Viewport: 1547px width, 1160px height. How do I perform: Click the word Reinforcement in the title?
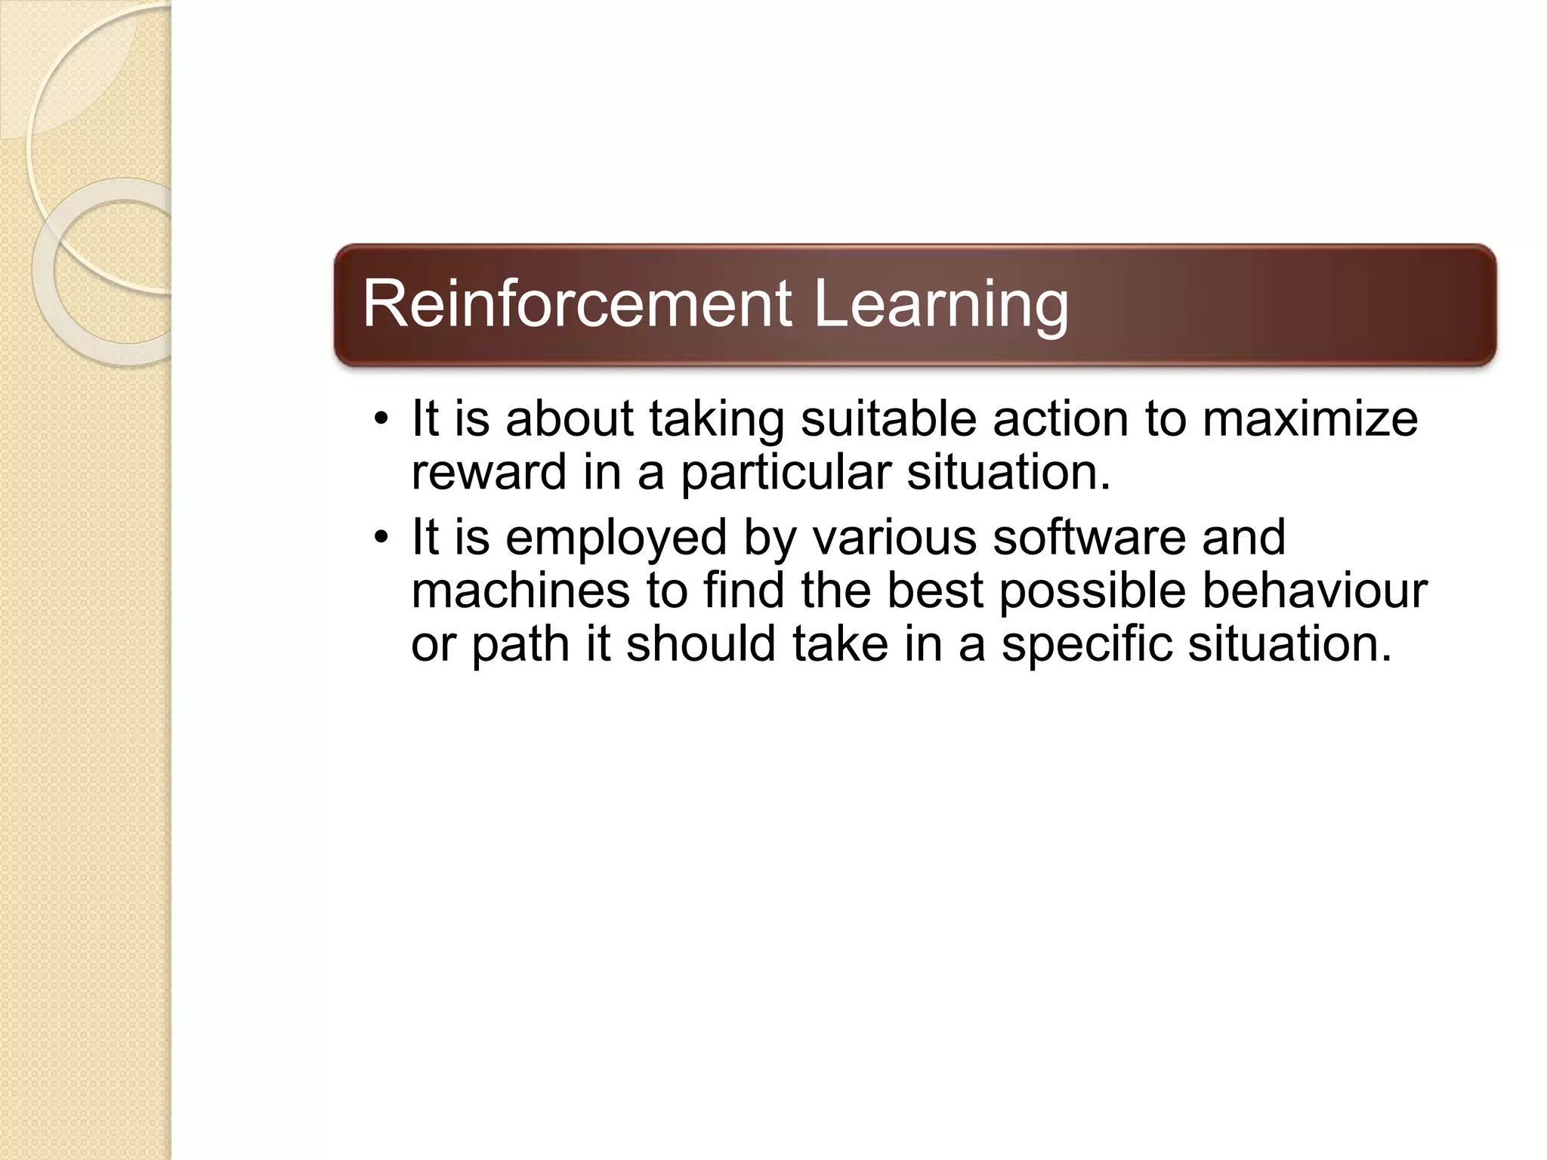(576, 304)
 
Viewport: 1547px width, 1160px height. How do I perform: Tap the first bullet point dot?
(381, 419)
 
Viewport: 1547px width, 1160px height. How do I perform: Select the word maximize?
(1310, 419)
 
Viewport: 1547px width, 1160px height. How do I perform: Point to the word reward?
(488, 472)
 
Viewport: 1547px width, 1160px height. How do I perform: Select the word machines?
(520, 591)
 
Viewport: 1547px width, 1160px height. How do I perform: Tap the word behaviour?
(1314, 591)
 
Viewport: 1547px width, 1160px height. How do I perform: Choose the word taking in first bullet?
(716, 421)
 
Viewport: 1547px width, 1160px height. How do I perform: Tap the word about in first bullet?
(569, 419)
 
